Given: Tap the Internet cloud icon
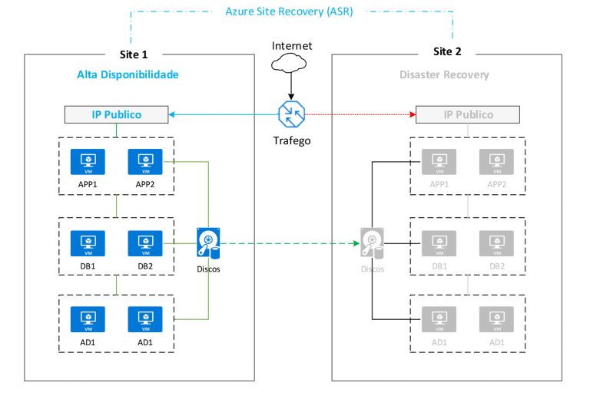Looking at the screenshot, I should [292, 65].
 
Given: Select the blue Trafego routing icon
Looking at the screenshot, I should [292, 114].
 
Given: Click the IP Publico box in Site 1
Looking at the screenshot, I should [116, 115].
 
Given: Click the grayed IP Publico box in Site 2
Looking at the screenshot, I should [467, 115].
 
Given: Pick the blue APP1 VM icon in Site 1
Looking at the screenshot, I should [88, 163].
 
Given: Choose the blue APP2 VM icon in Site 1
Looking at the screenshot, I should [144, 163].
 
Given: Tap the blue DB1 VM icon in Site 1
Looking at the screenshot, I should [88, 243].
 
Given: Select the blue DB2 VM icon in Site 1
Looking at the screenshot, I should [144, 243].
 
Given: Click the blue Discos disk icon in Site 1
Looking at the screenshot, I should [208, 243].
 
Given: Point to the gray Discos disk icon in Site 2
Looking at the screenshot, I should [372, 243].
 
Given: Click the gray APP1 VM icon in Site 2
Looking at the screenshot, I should [439, 163].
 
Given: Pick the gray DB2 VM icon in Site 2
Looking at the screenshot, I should [496, 243].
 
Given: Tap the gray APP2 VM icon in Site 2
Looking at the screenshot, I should [496, 163].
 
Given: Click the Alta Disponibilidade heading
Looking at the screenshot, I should [128, 74].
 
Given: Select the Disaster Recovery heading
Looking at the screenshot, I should [444, 74].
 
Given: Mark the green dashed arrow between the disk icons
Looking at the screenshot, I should [288, 245].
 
